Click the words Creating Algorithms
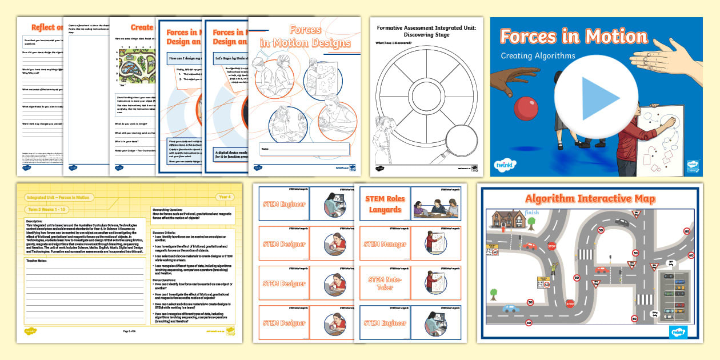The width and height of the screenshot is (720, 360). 538,56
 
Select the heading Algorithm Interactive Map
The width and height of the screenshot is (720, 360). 590,199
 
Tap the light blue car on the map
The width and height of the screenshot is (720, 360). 510,309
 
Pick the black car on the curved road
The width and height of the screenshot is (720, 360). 621,222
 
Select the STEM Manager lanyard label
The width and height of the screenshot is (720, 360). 386,245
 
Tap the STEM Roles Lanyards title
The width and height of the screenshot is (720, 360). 385,204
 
